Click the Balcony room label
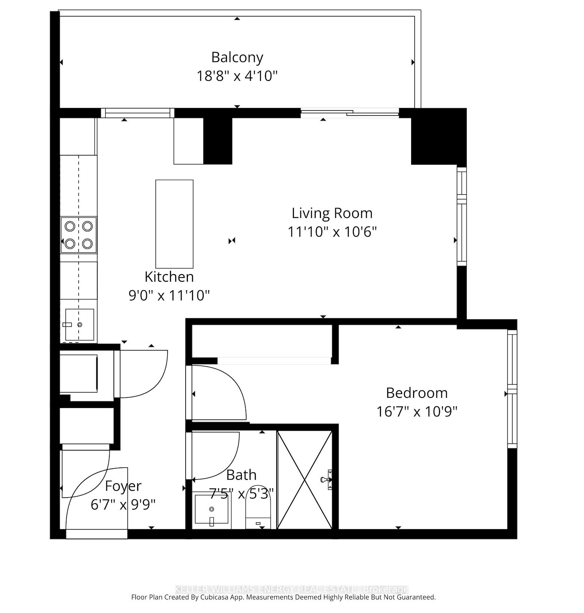237,57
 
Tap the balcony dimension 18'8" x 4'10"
237,76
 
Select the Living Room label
332,213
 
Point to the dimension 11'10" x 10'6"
332,232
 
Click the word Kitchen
169,277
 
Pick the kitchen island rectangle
174,224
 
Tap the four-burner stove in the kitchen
79,235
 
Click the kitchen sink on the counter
80,324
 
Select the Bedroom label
416,393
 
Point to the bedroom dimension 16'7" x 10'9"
416,411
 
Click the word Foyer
123,486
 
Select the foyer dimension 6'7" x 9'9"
123,504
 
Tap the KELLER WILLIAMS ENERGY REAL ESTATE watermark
291,589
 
